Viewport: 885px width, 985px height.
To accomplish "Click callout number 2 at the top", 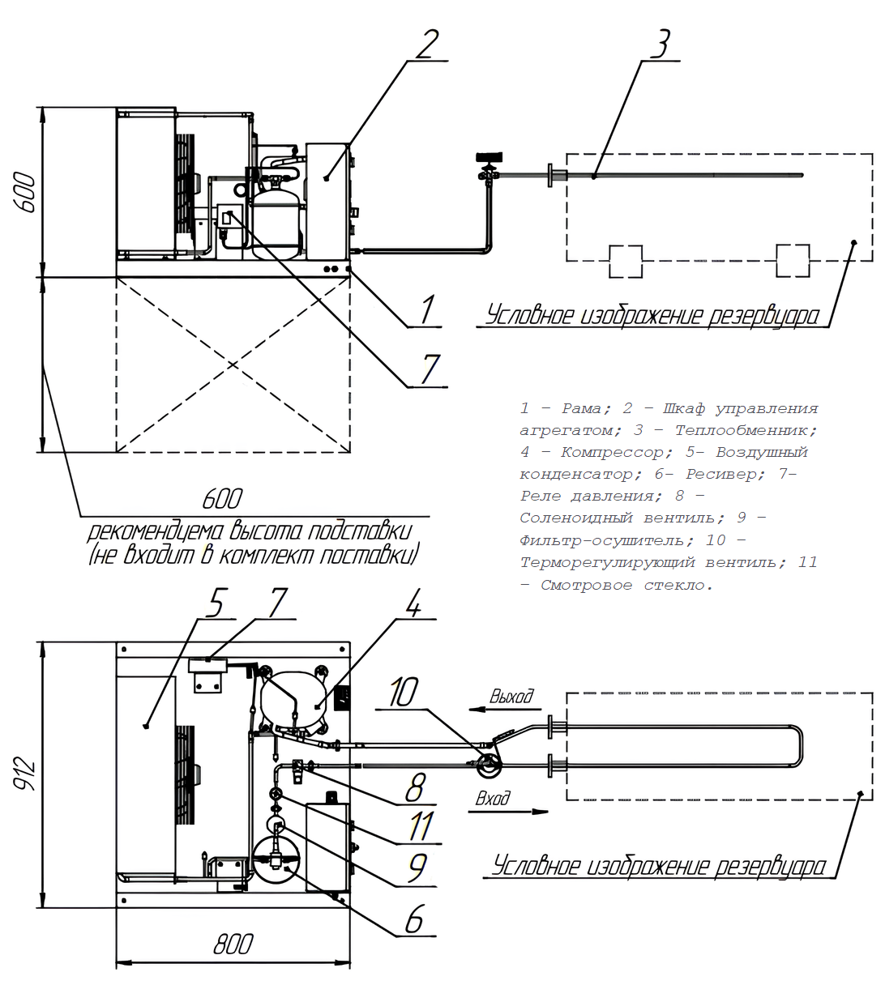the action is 426,44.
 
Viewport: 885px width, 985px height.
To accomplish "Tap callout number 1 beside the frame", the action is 426,309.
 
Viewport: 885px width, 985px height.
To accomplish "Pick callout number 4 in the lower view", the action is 413,603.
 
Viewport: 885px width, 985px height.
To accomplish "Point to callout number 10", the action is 404,692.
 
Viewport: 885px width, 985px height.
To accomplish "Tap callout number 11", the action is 421,825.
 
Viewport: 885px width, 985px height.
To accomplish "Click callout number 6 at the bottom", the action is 414,919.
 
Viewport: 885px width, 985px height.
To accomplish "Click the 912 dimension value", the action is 25,774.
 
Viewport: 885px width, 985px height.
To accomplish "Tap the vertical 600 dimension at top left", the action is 25,193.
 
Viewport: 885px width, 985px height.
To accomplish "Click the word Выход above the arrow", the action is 511,696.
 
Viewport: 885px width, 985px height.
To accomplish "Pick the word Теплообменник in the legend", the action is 746,430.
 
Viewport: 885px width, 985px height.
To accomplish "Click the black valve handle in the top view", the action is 490,157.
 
